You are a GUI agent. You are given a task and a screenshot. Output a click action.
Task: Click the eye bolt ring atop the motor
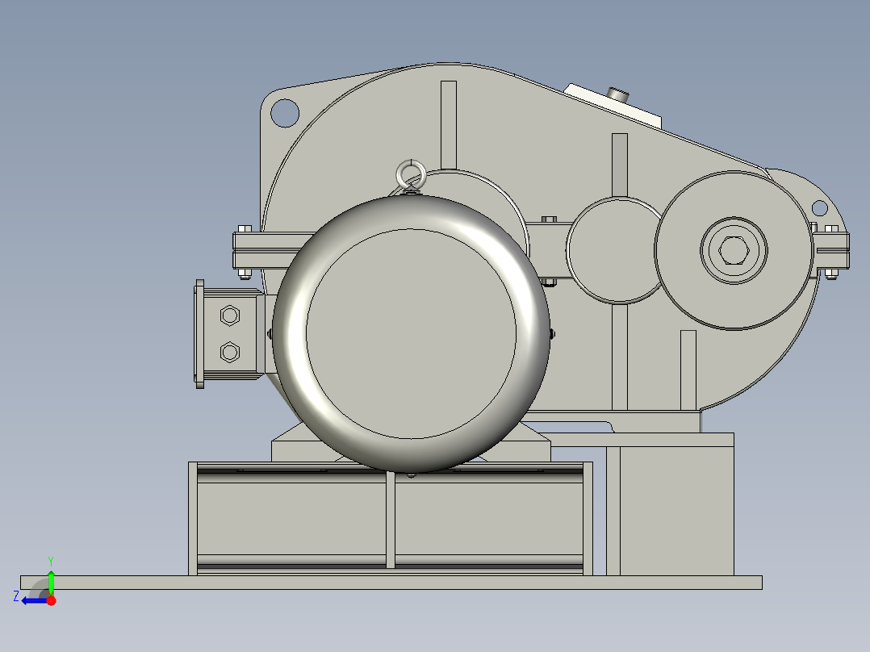409,172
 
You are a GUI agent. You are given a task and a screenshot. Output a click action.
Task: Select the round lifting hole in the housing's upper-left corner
284,112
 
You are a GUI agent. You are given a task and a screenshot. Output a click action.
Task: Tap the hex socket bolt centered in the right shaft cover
733,251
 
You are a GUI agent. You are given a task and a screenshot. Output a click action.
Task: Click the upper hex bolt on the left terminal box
229,315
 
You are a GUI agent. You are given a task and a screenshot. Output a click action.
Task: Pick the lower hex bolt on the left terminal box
229,352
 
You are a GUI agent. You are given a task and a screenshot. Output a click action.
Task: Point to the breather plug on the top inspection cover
619,95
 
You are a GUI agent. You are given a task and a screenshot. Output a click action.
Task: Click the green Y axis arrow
50,579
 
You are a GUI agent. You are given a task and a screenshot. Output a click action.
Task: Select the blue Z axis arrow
32,600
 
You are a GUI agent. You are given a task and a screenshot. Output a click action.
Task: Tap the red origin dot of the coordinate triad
51,600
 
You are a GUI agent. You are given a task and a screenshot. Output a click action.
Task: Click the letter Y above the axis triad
50,560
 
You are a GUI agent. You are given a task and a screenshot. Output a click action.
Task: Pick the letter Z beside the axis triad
16,596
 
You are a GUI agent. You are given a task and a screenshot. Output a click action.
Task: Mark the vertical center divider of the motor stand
391,520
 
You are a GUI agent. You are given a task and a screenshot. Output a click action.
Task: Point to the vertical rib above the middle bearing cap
620,165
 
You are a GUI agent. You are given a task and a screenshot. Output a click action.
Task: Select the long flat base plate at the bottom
391,583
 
